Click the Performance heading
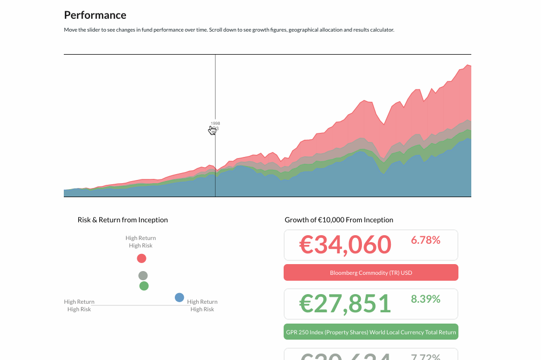tap(95, 15)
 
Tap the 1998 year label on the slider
tap(215, 123)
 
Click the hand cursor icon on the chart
tap(212, 130)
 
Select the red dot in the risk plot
tap(142, 258)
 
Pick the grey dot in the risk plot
tap(143, 275)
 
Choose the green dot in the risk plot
tap(144, 286)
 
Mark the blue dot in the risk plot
tap(179, 297)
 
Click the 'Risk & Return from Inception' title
tap(122, 220)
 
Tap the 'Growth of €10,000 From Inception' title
tap(338, 220)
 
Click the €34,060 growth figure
tap(345, 245)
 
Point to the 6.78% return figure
tap(425, 241)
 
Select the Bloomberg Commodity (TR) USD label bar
tap(370, 273)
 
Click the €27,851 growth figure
tap(345, 304)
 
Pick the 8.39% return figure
tap(425, 299)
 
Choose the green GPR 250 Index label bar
tap(370, 332)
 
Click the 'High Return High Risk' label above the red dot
tap(140, 242)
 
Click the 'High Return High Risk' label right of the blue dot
tap(202, 305)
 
